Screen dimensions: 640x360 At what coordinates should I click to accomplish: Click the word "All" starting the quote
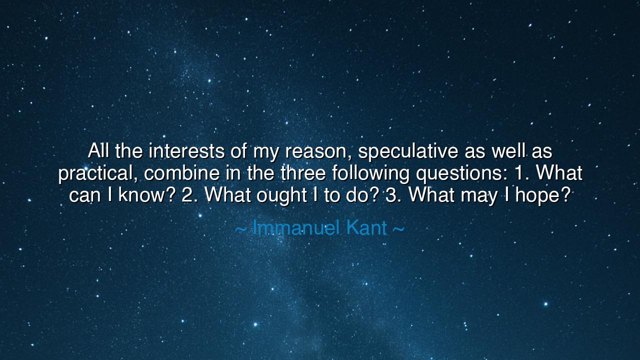(98, 150)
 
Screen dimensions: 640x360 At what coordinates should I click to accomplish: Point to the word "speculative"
(408, 152)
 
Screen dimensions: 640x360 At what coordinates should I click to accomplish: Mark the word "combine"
(181, 172)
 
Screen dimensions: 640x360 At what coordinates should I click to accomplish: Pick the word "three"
(303, 172)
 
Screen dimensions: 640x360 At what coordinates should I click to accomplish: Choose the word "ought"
(281, 196)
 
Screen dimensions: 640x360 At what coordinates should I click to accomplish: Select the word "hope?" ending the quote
(543, 196)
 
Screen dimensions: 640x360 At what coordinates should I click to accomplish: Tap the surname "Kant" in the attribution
(366, 228)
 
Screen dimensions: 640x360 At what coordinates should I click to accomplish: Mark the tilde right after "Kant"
(398, 228)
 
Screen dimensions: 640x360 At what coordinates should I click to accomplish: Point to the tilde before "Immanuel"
(241, 228)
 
